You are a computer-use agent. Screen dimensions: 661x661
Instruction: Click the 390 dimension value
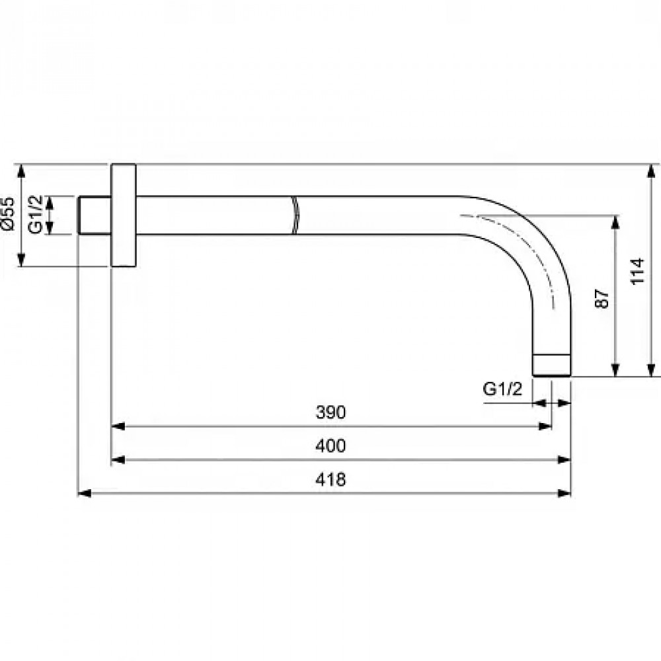point(330,412)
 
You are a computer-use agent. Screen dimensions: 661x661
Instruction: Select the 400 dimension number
point(330,446)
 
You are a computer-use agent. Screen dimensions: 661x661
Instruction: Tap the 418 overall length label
point(330,479)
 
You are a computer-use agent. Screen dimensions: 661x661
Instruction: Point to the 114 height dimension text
point(637,271)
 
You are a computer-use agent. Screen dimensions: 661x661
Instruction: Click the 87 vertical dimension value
point(602,299)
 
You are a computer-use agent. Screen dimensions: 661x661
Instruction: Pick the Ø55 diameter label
point(8,214)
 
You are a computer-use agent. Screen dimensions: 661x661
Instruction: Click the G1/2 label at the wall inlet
point(36,214)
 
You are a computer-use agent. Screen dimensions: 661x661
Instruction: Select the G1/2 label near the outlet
point(502,389)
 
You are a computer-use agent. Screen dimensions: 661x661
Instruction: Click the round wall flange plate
point(124,215)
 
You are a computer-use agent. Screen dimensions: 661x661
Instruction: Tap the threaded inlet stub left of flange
point(95,215)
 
